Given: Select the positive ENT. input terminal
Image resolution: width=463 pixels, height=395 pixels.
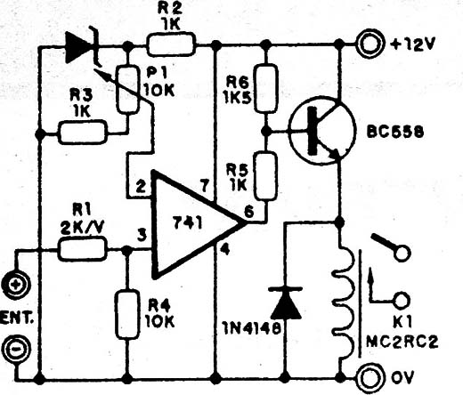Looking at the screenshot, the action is click(x=15, y=285).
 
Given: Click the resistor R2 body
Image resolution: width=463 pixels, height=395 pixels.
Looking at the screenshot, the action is click(x=172, y=44).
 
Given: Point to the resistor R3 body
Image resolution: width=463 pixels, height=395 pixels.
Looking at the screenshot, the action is click(x=83, y=132).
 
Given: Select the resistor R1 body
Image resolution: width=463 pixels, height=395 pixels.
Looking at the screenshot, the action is click(x=83, y=249).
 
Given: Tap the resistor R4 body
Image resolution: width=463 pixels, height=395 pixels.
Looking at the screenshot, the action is click(x=127, y=314).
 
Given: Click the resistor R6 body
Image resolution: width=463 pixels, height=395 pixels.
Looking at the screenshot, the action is click(x=267, y=89).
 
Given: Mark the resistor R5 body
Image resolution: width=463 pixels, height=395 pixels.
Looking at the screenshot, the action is click(x=266, y=175).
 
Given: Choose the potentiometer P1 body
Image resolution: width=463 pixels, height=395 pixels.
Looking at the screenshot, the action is click(x=127, y=89).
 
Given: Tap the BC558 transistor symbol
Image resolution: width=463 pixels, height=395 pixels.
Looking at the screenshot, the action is click(x=322, y=130).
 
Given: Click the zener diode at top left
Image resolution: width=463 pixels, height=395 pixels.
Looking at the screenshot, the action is click(x=82, y=47).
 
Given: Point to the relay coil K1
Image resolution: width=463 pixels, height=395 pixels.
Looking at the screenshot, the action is click(x=345, y=300).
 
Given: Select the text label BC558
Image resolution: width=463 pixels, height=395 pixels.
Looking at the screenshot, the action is click(x=395, y=133).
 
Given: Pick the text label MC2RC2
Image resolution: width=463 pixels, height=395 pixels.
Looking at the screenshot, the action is click(x=402, y=343).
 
